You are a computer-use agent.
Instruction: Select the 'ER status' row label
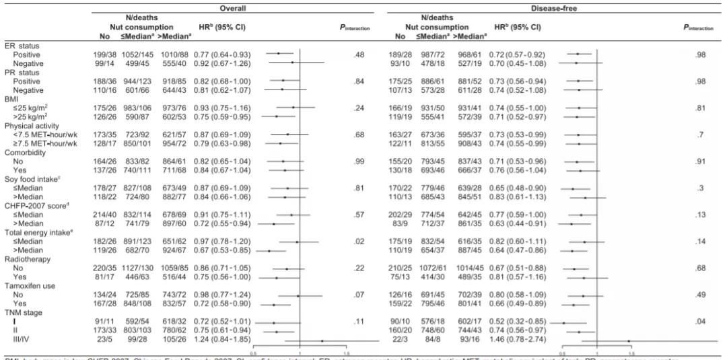20,45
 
